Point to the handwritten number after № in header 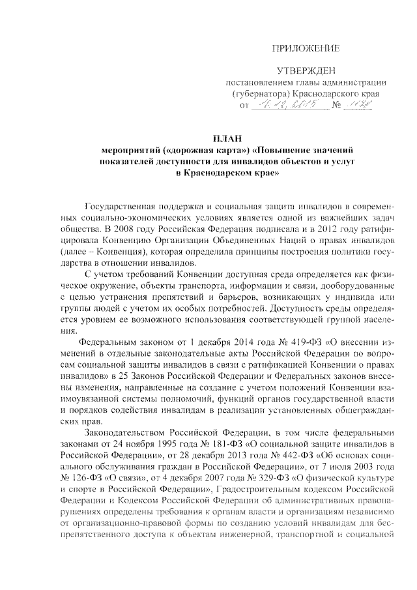[359, 105]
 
